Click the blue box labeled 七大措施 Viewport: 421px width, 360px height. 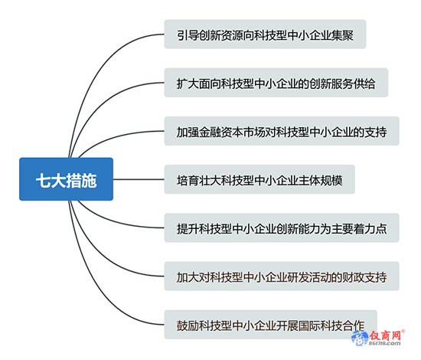click(66, 179)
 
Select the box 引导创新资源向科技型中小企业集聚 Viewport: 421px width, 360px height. click(265, 34)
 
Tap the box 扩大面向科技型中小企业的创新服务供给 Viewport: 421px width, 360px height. click(276, 83)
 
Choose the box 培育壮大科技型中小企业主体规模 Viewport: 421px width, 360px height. click(259, 179)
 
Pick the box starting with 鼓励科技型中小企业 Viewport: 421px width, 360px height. click(271, 324)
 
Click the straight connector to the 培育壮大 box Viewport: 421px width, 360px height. click(139, 179)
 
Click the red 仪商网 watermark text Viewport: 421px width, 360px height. click(385, 335)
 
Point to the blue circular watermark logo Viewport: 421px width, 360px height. click(360, 338)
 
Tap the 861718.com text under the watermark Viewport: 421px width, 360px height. click(384, 344)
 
